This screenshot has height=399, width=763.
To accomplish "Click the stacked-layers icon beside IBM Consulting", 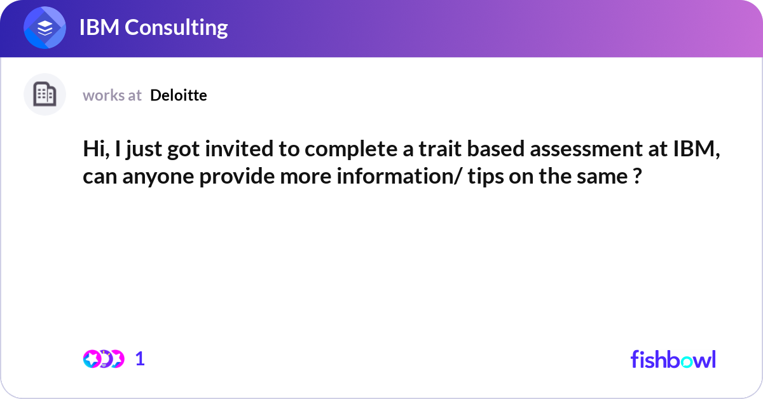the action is [x=45, y=27].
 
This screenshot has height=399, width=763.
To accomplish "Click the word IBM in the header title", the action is [x=99, y=27].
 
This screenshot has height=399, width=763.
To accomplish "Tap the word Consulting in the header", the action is [x=176, y=28].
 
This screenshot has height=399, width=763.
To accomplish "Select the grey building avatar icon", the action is [x=45, y=94].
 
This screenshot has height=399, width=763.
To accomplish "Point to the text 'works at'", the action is [x=112, y=95].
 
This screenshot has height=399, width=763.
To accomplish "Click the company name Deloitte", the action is [x=179, y=95].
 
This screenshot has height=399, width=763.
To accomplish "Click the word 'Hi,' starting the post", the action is [x=97, y=149].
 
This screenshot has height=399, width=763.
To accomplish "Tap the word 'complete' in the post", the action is [x=351, y=150].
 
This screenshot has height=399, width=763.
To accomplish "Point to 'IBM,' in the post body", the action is [x=697, y=149].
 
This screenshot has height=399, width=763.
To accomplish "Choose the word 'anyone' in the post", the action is [x=158, y=177].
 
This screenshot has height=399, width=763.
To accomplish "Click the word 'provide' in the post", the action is [x=237, y=177].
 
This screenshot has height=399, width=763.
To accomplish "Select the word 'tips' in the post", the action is [x=486, y=177].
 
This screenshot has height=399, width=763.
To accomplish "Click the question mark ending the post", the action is [x=637, y=177].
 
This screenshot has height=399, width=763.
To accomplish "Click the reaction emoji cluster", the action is [x=104, y=359].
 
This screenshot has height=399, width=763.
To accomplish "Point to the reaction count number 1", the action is [x=140, y=359].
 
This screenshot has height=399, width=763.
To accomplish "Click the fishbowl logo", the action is [x=673, y=359].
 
